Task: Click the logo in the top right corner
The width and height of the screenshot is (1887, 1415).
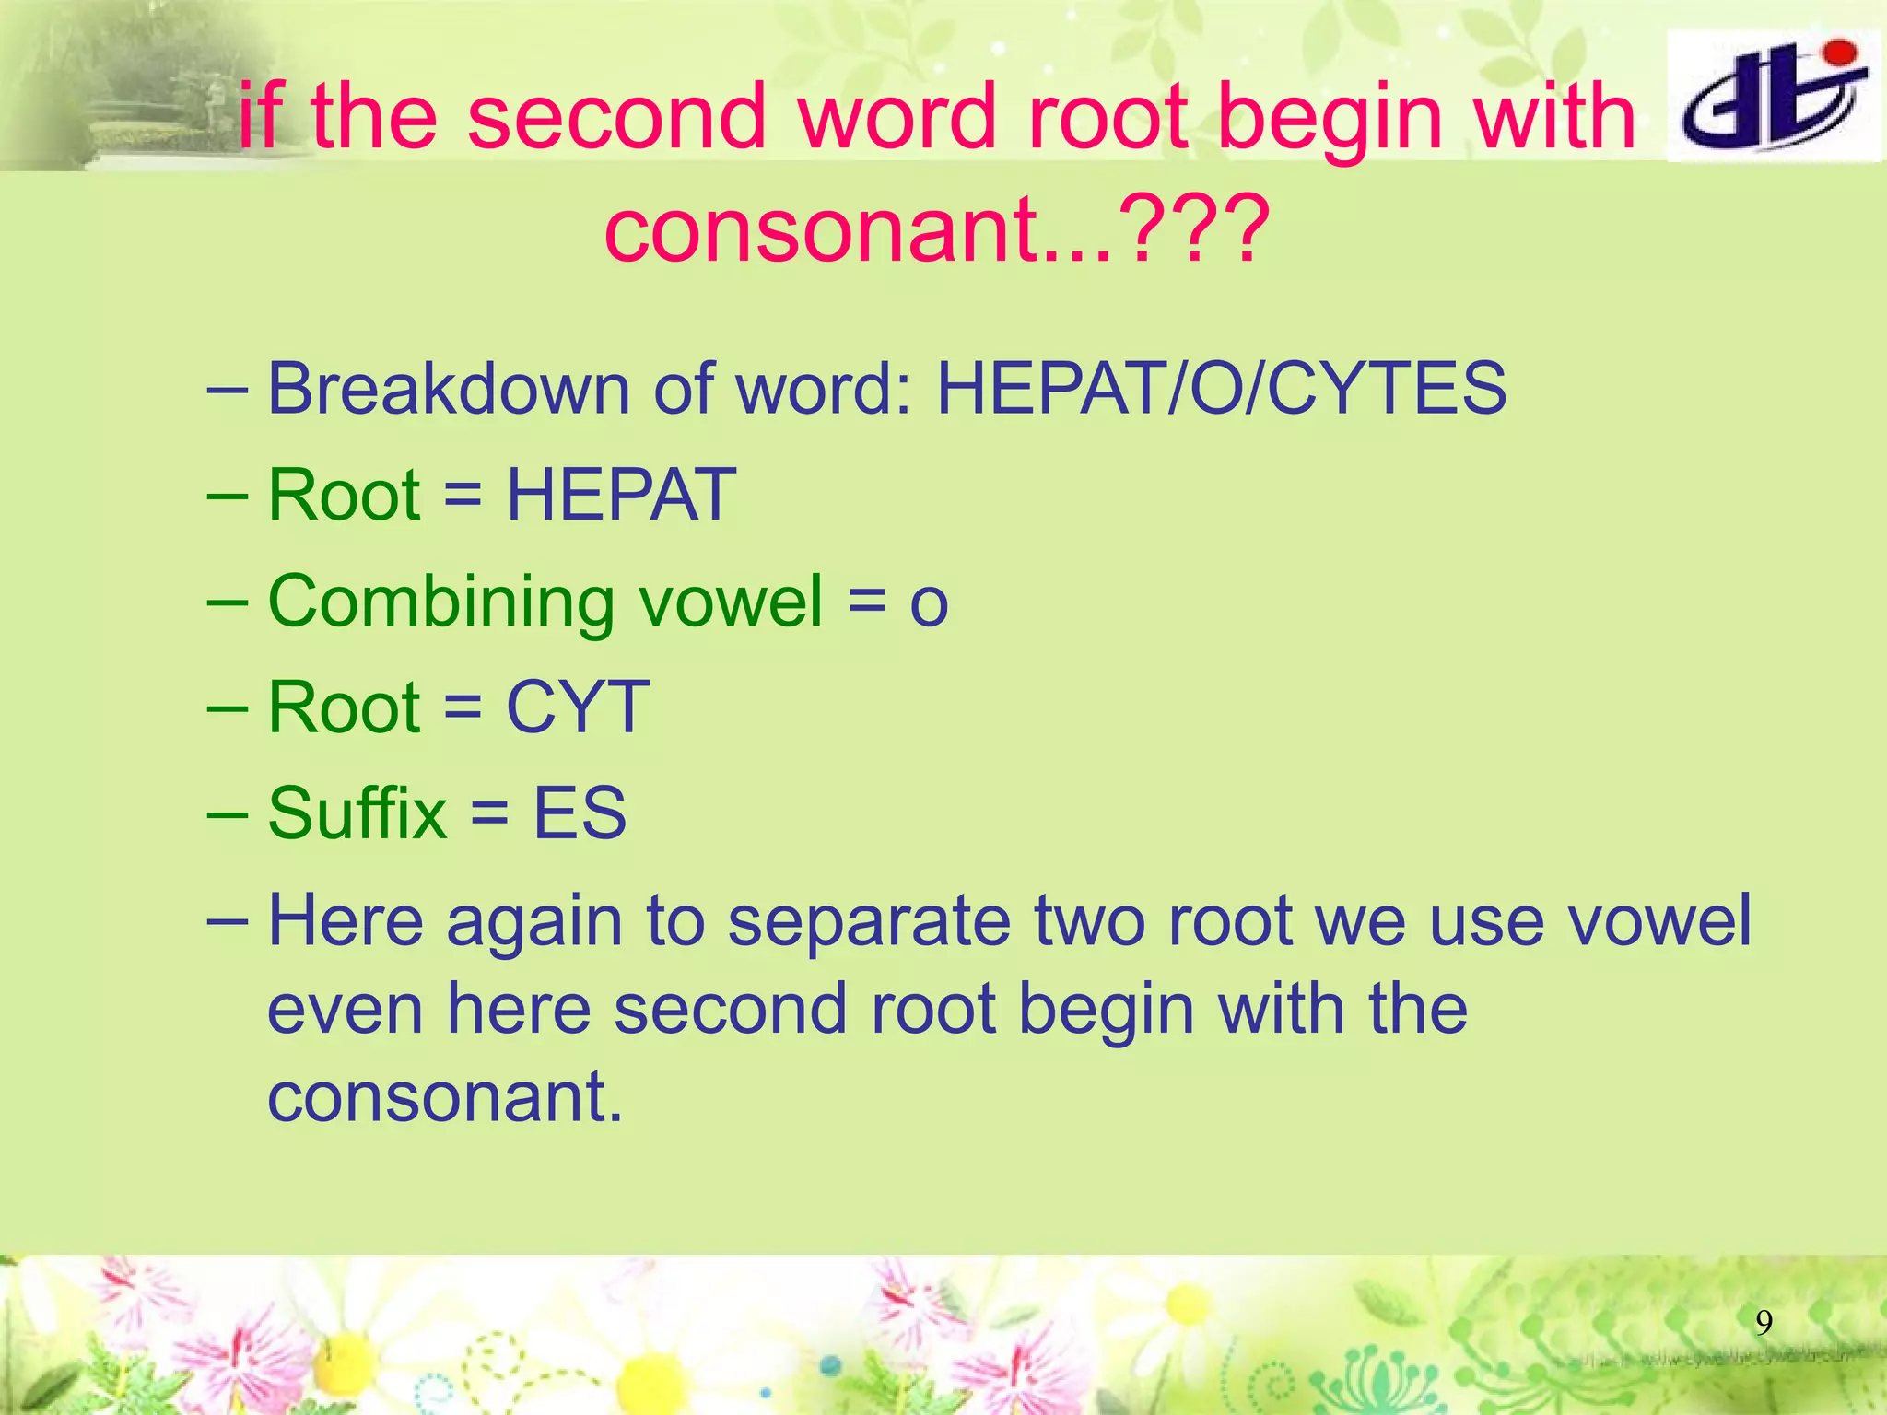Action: [1773, 96]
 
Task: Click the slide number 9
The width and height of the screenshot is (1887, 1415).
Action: [1764, 1323]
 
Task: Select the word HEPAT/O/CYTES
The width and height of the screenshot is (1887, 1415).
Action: [1221, 388]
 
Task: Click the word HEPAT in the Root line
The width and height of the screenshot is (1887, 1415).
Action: [621, 495]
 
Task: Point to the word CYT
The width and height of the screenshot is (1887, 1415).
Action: [578, 707]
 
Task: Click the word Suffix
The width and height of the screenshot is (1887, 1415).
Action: [357, 813]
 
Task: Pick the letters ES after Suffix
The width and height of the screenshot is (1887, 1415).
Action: [580, 813]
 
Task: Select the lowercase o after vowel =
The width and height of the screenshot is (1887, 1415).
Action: [929, 604]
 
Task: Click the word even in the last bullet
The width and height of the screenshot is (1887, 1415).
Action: [345, 1009]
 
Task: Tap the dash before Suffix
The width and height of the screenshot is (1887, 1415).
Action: [228, 814]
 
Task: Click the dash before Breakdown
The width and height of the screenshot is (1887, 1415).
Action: [228, 389]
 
